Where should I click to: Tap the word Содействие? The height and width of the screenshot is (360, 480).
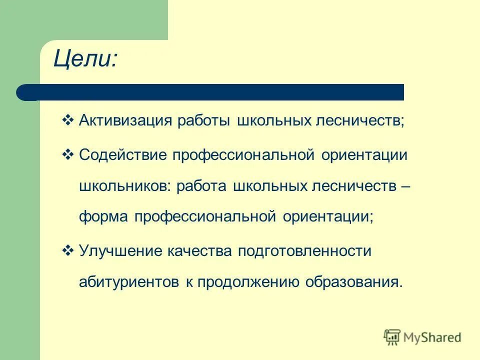click(122, 155)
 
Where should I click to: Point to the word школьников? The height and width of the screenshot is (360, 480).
click(124, 186)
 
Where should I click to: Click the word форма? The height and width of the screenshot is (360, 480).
click(102, 218)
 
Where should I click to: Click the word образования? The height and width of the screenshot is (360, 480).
click(354, 282)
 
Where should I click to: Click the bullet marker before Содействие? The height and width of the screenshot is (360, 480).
click(68, 154)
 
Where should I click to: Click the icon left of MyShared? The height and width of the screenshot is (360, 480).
click(392, 337)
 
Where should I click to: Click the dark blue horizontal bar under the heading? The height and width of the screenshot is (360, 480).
click(210, 92)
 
